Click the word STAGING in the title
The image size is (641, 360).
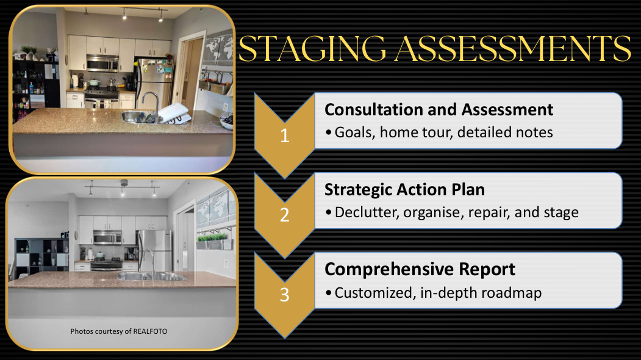[312, 48]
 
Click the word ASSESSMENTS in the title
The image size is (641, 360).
[513, 48]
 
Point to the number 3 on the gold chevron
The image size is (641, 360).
[285, 295]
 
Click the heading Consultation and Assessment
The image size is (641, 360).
[439, 110]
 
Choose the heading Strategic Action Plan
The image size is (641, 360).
[405, 190]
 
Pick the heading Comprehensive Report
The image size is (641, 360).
[420, 269]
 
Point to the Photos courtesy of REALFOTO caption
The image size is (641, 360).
[118, 331]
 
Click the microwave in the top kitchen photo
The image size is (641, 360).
[102, 63]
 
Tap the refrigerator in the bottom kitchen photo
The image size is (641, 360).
[154, 250]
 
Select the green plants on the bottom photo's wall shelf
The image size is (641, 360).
[212, 237]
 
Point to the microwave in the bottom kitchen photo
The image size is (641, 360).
[107, 237]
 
